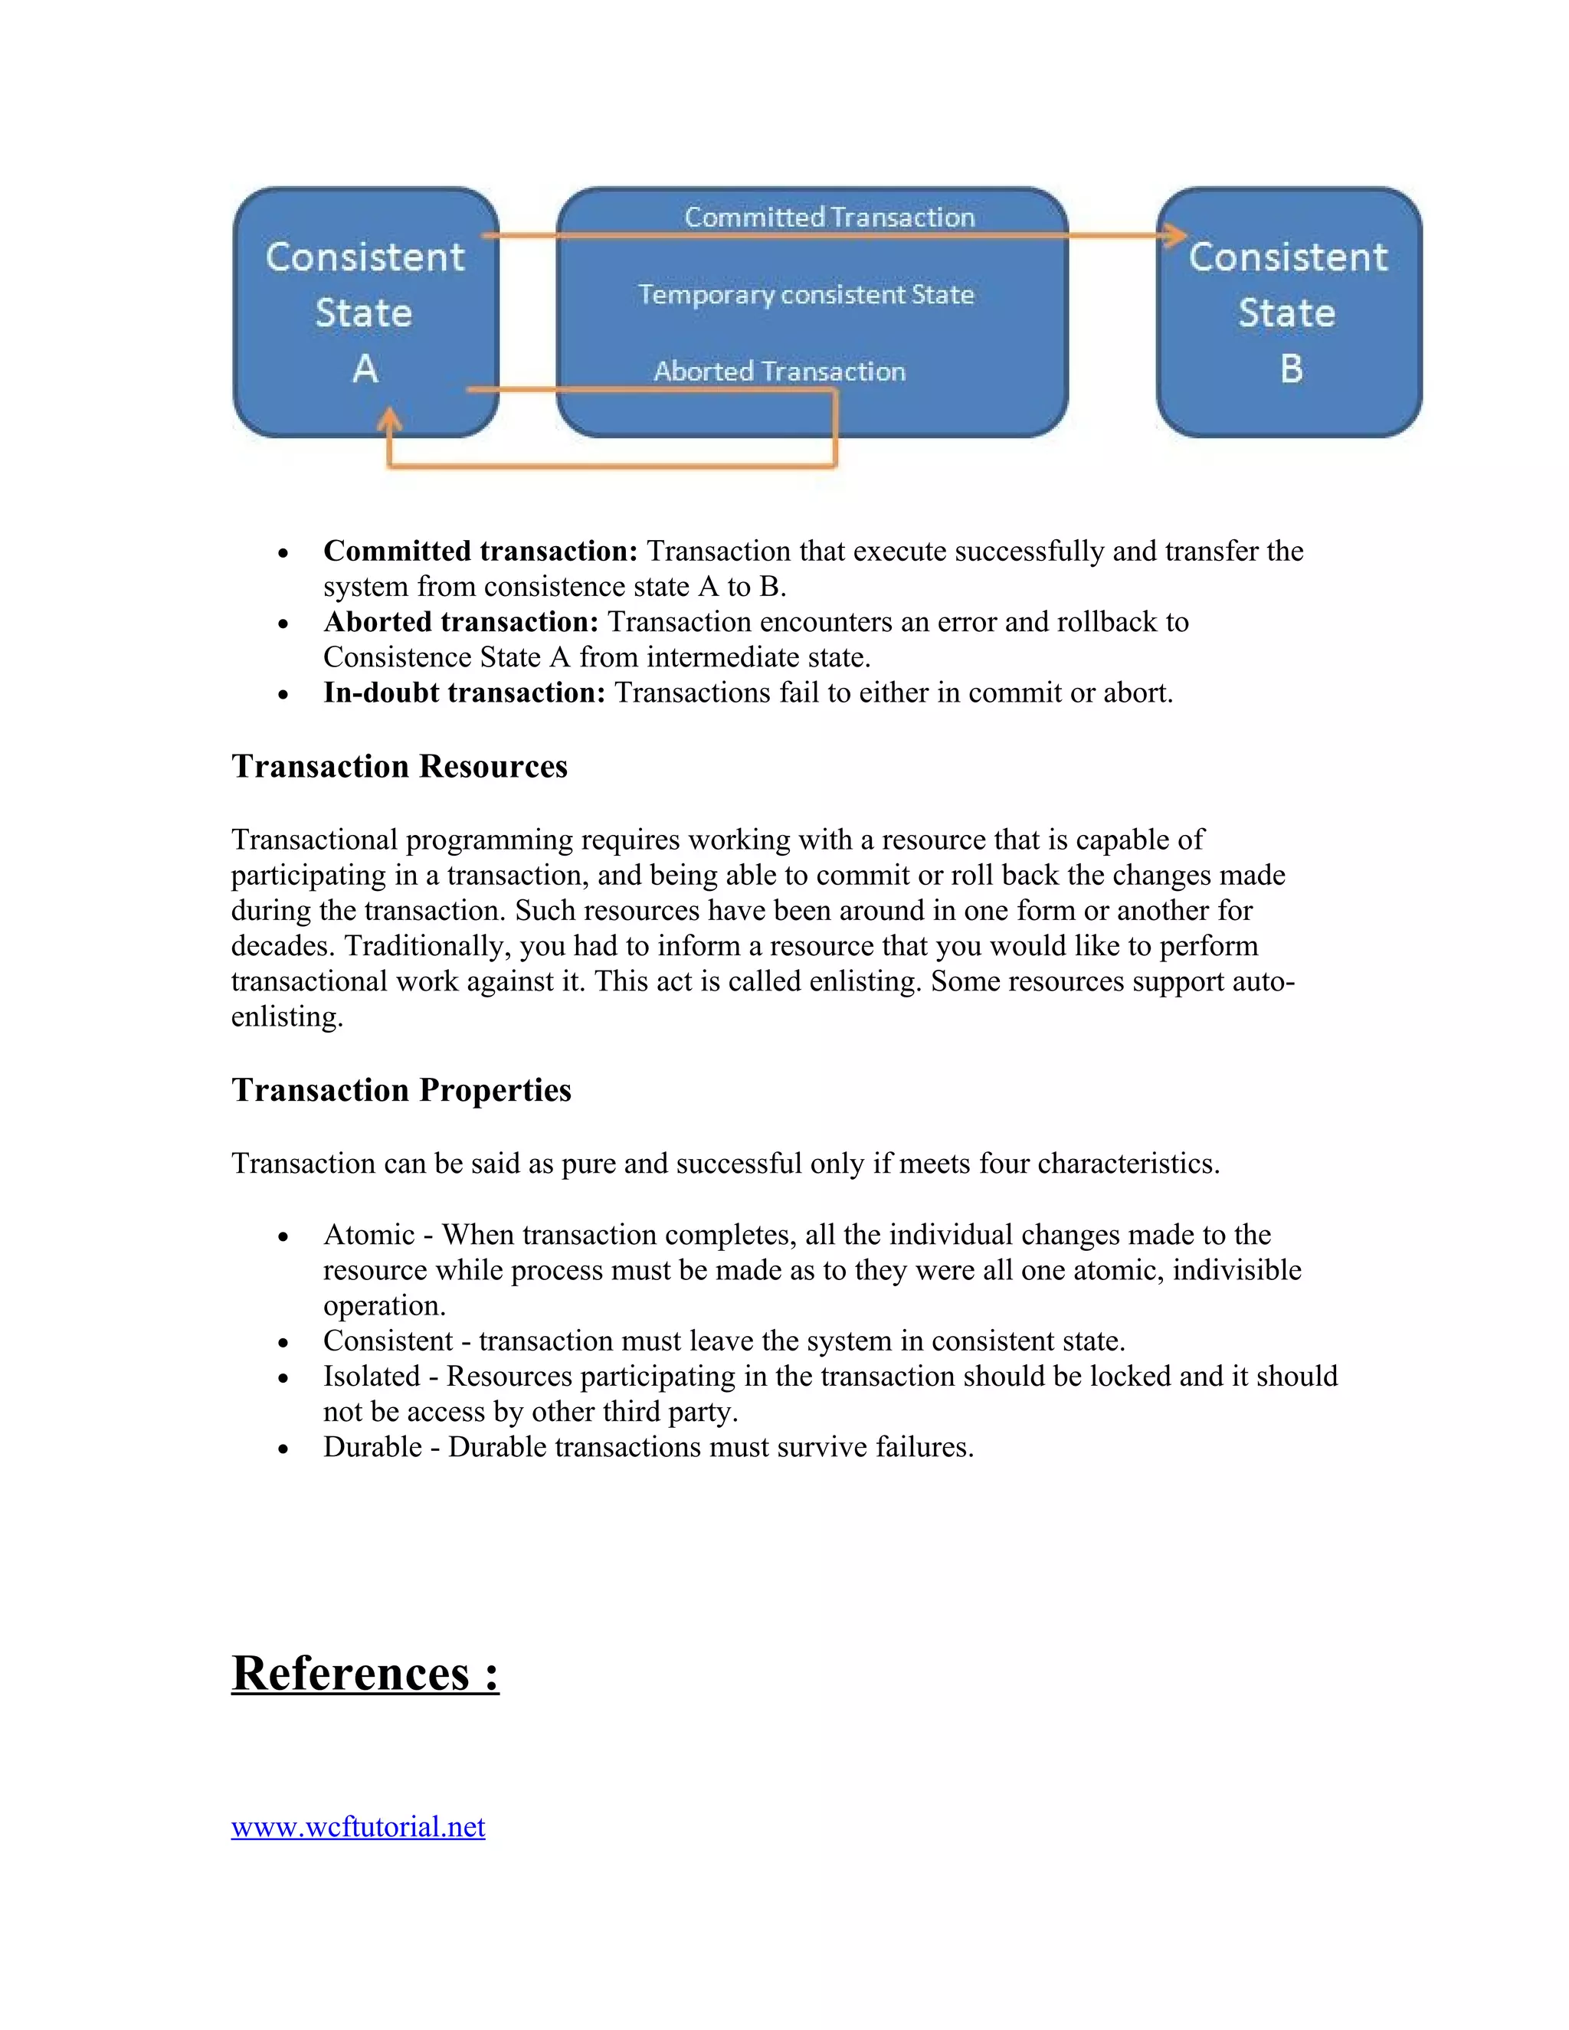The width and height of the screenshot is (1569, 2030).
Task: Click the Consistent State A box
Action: pos(365,313)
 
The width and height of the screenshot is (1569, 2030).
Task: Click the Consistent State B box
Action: pos(1289,313)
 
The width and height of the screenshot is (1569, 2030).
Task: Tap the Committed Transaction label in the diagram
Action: pos(829,217)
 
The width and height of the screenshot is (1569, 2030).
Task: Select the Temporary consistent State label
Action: pos(806,295)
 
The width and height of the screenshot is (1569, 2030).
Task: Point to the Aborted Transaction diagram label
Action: pos(779,372)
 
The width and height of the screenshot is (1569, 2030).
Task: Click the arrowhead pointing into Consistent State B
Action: pos(1175,235)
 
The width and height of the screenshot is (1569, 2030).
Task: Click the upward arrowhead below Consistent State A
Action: pos(389,419)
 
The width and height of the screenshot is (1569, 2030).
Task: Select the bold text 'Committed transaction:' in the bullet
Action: pos(480,552)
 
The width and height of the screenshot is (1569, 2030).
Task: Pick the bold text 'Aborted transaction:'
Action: pos(461,622)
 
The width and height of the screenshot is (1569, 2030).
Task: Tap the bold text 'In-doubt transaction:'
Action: pos(463,692)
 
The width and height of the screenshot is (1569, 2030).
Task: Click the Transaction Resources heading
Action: pos(400,766)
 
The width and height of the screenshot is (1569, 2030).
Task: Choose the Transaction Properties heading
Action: pos(401,1089)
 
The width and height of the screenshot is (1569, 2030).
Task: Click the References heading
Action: pos(365,1673)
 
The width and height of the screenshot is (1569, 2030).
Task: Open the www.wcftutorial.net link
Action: pos(358,1826)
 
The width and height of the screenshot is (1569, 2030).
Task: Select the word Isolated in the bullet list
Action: pos(372,1376)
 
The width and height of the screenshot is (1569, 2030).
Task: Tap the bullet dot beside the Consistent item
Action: pos(283,1343)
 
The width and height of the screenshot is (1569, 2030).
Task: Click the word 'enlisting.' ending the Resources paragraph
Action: pos(287,1016)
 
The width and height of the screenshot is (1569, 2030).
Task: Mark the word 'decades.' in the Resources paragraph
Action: pos(283,945)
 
